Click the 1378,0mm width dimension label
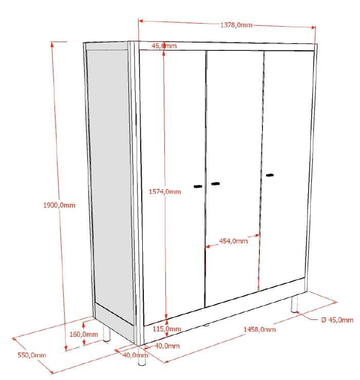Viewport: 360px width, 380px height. [236, 25]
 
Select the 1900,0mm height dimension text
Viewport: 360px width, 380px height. [59, 205]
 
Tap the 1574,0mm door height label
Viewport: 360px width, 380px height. [165, 192]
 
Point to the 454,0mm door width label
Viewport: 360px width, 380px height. [233, 241]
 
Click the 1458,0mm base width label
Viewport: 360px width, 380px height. [259, 329]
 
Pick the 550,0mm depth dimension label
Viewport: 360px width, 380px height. [32, 355]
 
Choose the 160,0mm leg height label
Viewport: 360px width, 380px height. [84, 334]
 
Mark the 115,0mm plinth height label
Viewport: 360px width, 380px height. [167, 329]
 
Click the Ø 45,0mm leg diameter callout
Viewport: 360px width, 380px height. [337, 320]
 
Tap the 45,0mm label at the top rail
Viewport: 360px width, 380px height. [164, 46]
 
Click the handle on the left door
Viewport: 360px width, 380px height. [198, 186]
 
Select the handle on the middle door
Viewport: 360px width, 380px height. [215, 184]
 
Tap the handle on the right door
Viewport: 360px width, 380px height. [270, 175]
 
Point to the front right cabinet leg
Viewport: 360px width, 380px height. [294, 303]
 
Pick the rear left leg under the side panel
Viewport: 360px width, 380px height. [106, 333]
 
